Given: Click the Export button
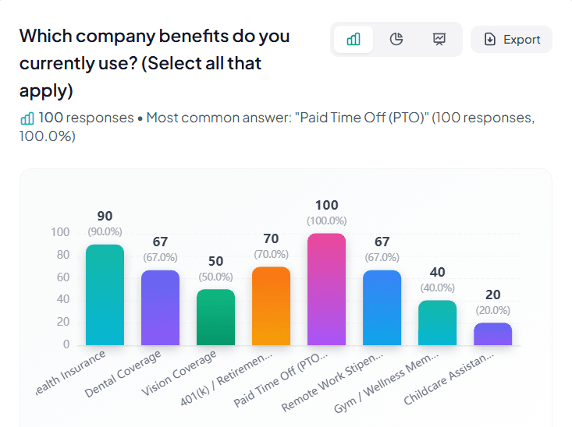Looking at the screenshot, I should click(511, 40).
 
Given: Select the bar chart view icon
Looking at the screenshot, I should click(354, 40).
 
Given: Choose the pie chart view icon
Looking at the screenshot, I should click(396, 40).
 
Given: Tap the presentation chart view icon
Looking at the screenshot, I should click(439, 40).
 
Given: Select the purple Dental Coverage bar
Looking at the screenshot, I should click(160, 307).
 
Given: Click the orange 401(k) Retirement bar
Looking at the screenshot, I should click(271, 305).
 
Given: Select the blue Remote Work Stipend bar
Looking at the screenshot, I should click(382, 307).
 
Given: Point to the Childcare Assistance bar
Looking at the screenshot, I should click(492, 333).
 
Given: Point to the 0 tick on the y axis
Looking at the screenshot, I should click(66, 344).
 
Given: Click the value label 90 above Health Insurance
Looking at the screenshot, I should click(105, 216).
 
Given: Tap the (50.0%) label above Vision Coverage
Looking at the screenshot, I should click(215, 277).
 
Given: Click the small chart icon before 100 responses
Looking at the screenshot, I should click(27, 118).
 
